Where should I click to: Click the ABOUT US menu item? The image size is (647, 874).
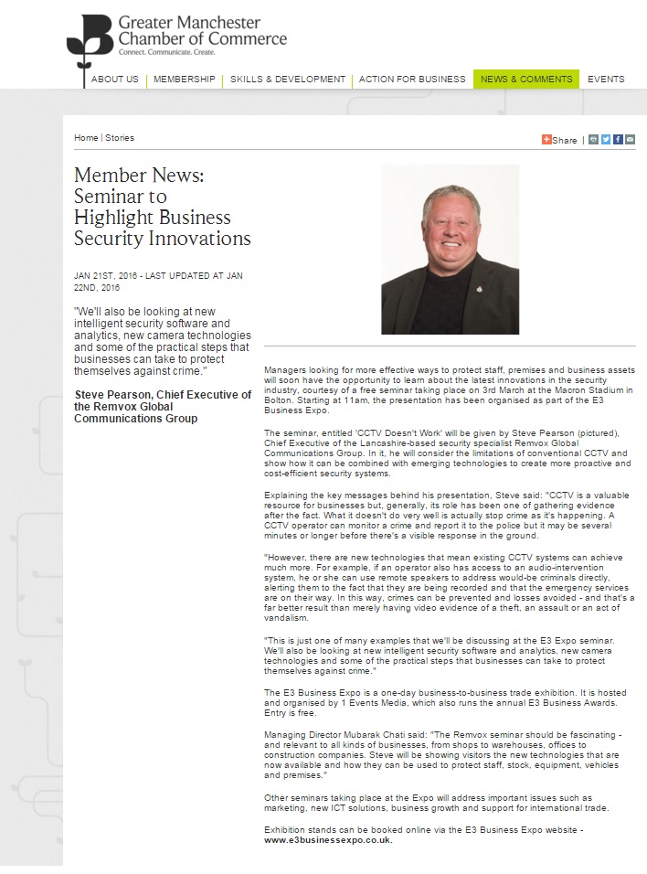click(114, 80)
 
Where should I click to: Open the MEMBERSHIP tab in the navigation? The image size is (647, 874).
click(184, 80)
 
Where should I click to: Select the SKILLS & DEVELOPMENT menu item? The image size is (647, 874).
click(287, 80)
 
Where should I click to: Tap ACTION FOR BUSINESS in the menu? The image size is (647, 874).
click(412, 80)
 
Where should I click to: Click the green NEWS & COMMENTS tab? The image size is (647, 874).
click(525, 80)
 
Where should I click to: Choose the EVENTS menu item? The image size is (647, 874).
click(606, 80)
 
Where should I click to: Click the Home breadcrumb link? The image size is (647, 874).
click(86, 138)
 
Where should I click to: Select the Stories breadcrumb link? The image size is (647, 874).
click(120, 138)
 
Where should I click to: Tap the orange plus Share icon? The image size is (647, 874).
click(546, 140)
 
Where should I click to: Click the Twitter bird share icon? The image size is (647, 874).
click(606, 140)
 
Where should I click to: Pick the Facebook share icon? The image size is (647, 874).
click(618, 140)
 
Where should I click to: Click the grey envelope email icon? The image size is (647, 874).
click(630, 140)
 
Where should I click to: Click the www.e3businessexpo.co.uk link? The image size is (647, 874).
click(328, 840)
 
